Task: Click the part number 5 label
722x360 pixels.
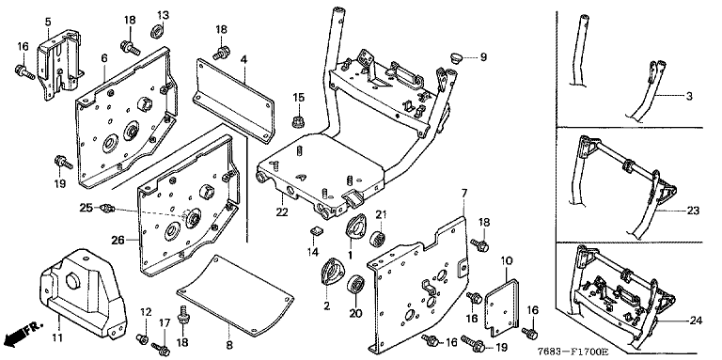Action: pyautogui.click(x=48, y=22)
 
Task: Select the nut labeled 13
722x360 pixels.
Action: pyautogui.click(x=158, y=32)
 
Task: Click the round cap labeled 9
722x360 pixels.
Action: pyautogui.click(x=456, y=58)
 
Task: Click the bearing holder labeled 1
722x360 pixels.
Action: pyautogui.click(x=355, y=227)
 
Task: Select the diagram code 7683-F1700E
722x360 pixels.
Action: pyautogui.click(x=573, y=352)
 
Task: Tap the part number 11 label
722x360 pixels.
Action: pyautogui.click(x=56, y=337)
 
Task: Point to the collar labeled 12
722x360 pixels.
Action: pyautogui.click(x=141, y=339)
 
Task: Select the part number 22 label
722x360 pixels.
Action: pyautogui.click(x=282, y=212)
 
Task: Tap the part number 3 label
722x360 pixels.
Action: pyautogui.click(x=689, y=96)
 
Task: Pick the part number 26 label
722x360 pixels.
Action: pyautogui.click(x=118, y=240)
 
